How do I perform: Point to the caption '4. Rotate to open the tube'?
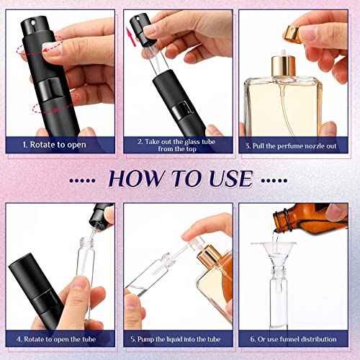[60, 338]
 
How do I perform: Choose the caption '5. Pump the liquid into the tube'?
[178, 338]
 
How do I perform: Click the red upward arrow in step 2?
[130, 34]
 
